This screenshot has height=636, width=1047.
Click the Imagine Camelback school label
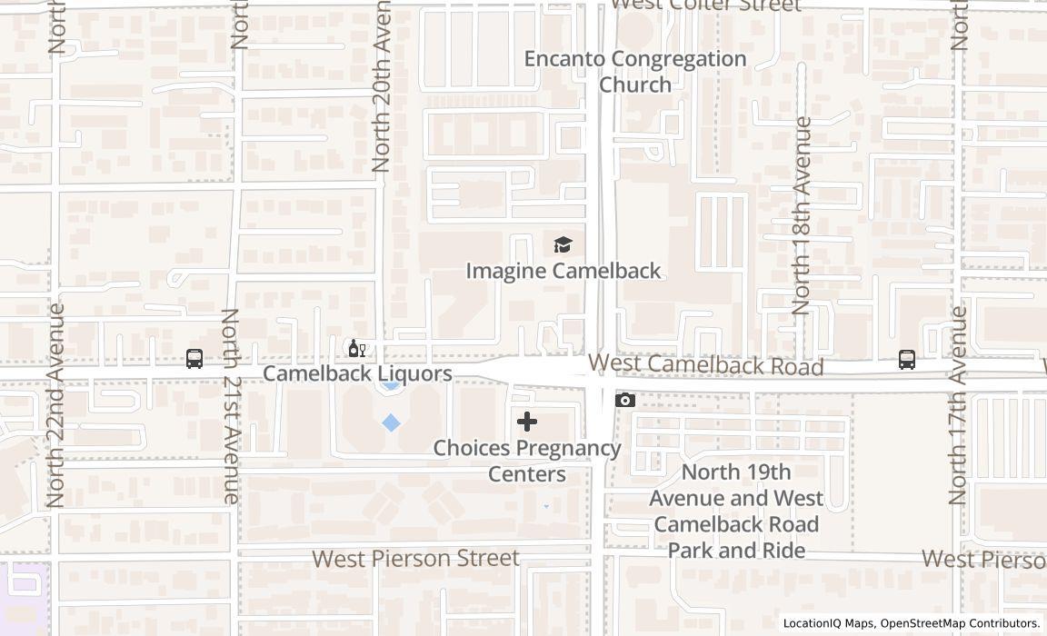563,271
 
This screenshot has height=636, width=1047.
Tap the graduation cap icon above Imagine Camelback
563,244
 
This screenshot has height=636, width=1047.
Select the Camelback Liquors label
357,373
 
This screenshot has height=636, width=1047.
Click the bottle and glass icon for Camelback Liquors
357,349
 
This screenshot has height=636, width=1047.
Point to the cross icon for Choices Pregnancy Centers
527,422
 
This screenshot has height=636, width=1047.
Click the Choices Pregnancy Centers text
527,461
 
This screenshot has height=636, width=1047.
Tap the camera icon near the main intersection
624,400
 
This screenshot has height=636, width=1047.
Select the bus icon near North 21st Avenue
194,359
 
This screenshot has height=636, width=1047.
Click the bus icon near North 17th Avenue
906,360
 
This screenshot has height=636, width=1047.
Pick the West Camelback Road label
706,365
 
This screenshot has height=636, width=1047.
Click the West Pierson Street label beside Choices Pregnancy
416,558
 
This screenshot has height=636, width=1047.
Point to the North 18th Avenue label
801,215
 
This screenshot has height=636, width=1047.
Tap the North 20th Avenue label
381,86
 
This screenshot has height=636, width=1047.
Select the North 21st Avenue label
230,406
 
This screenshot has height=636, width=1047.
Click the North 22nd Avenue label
55,405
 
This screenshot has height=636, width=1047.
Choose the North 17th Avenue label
958,405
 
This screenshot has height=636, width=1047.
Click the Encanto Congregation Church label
635,72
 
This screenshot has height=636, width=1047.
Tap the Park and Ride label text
736,511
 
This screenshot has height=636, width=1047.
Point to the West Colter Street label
706,5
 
